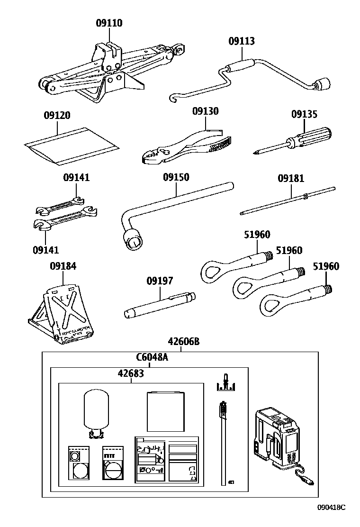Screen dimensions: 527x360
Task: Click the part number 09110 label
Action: [x=109, y=23]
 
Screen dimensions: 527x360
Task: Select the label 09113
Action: [x=242, y=41]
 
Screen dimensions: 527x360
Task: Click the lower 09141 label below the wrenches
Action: [x=46, y=249]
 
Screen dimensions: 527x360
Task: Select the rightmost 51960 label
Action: [x=326, y=266]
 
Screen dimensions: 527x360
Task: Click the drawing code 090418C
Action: [x=331, y=507]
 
